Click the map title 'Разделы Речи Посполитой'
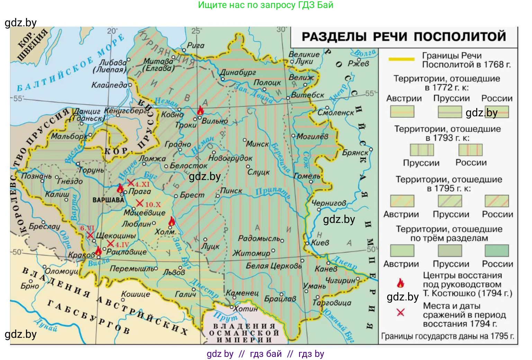click(x=404, y=37)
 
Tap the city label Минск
click(x=258, y=144)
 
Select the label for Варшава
click(x=108, y=200)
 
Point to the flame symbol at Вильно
click(x=200, y=111)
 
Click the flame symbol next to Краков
click(x=98, y=250)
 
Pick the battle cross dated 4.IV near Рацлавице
click(x=110, y=244)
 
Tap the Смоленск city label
click(x=335, y=113)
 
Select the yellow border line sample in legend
click(x=401, y=59)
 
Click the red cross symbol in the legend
click(x=400, y=313)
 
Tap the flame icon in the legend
click(x=400, y=283)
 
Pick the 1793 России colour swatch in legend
click(x=470, y=150)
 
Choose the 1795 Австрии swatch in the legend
click(x=402, y=201)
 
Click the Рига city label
click(x=196, y=45)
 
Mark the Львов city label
click(x=174, y=273)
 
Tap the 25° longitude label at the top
click(x=196, y=31)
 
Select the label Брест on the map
click(x=192, y=195)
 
